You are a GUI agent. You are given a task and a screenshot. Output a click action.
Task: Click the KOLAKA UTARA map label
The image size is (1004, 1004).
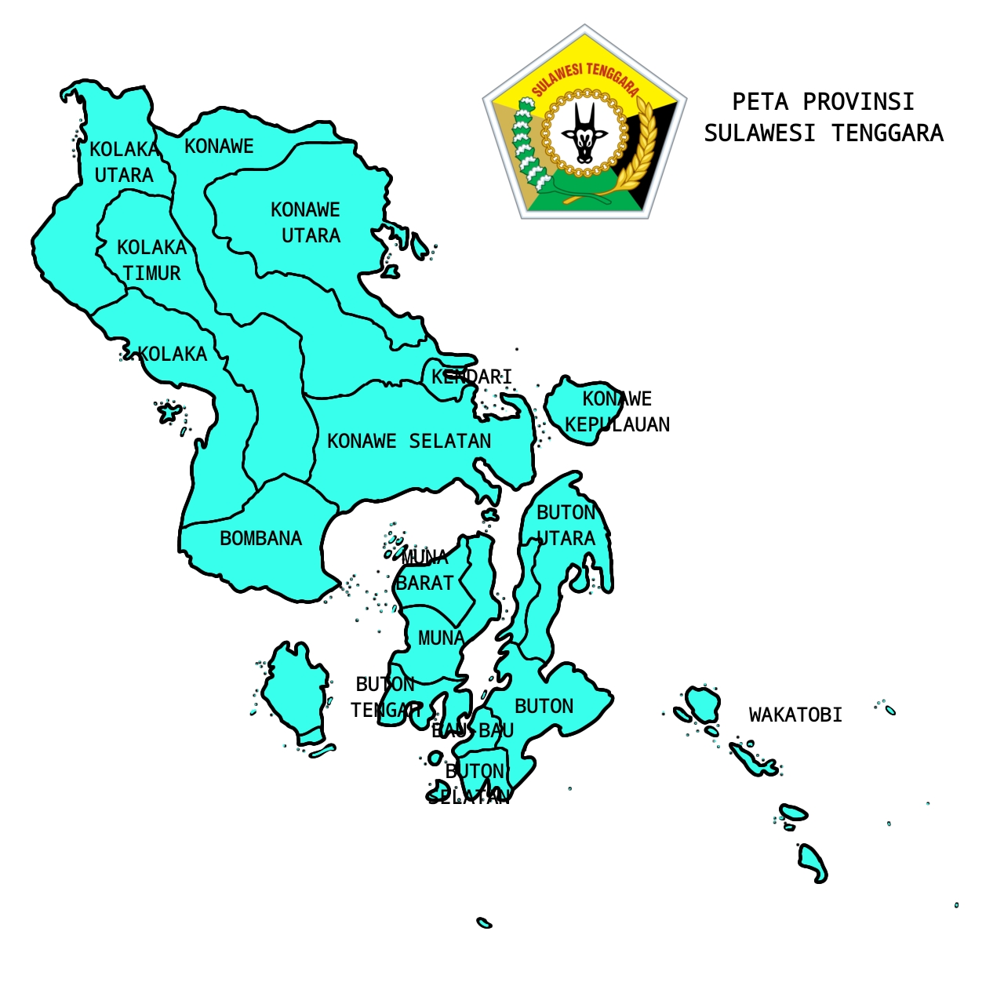click(124, 162)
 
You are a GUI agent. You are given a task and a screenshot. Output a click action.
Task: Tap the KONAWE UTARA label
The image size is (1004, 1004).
click(306, 223)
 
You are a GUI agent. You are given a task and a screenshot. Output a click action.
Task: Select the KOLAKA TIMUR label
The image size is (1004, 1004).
click(151, 260)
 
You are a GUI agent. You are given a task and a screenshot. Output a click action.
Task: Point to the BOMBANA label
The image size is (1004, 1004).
click(260, 539)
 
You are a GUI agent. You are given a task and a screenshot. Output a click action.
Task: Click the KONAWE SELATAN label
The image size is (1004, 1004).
click(409, 442)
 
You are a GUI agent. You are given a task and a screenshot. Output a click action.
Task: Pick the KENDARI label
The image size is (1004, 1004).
click(471, 377)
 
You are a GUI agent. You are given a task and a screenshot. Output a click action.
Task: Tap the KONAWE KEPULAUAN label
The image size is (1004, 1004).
click(617, 412)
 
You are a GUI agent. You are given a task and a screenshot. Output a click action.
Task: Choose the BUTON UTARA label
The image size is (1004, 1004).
click(566, 526)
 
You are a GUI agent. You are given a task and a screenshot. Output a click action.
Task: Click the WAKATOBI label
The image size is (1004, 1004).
click(795, 715)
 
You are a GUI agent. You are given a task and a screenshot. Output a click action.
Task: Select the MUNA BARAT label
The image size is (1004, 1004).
click(425, 570)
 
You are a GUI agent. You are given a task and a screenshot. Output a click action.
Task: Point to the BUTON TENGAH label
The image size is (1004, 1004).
click(384, 697)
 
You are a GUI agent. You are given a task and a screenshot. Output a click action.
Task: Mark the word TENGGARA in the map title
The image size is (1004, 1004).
click(887, 133)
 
